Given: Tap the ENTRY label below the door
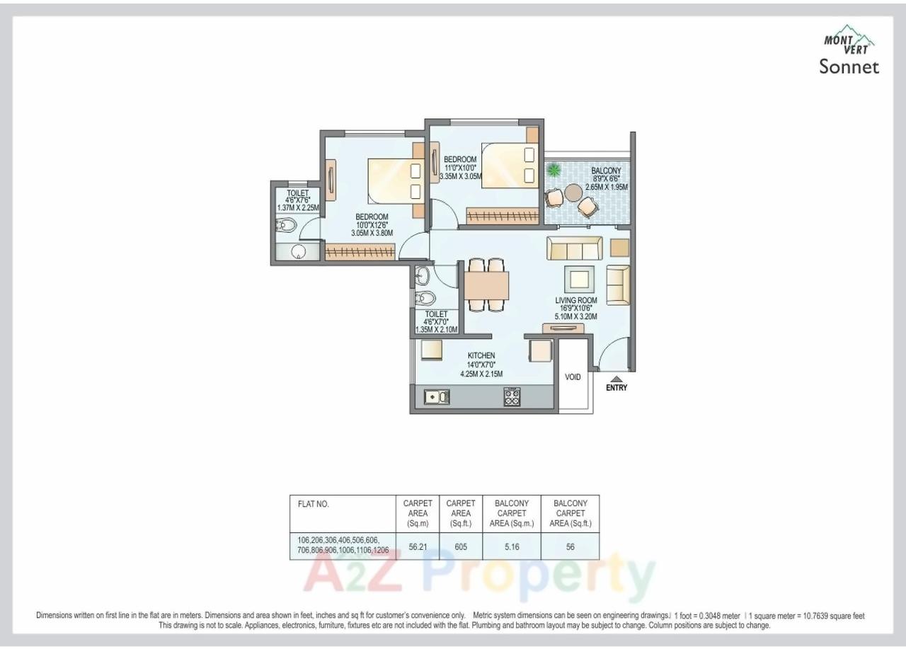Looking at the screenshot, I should point(616,388).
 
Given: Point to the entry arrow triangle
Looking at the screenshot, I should point(617,379).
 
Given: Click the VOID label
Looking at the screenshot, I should point(573,377).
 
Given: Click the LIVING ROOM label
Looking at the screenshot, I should point(575,300).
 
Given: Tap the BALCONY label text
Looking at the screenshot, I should point(606,171).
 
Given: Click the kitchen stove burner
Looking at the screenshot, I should point(512,397).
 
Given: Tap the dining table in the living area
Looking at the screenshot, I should point(486,285).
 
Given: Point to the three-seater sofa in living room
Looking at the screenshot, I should point(574,248).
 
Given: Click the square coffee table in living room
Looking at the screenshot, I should point(579,277).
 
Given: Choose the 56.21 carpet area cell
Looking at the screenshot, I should point(418,547).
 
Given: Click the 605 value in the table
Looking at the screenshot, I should point(461,547).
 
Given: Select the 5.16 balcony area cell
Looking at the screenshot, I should point(511,547).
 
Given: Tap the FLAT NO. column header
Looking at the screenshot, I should point(314,505).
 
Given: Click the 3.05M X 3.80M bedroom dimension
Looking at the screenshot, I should point(372,233).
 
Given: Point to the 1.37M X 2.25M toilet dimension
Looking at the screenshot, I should point(297,208).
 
